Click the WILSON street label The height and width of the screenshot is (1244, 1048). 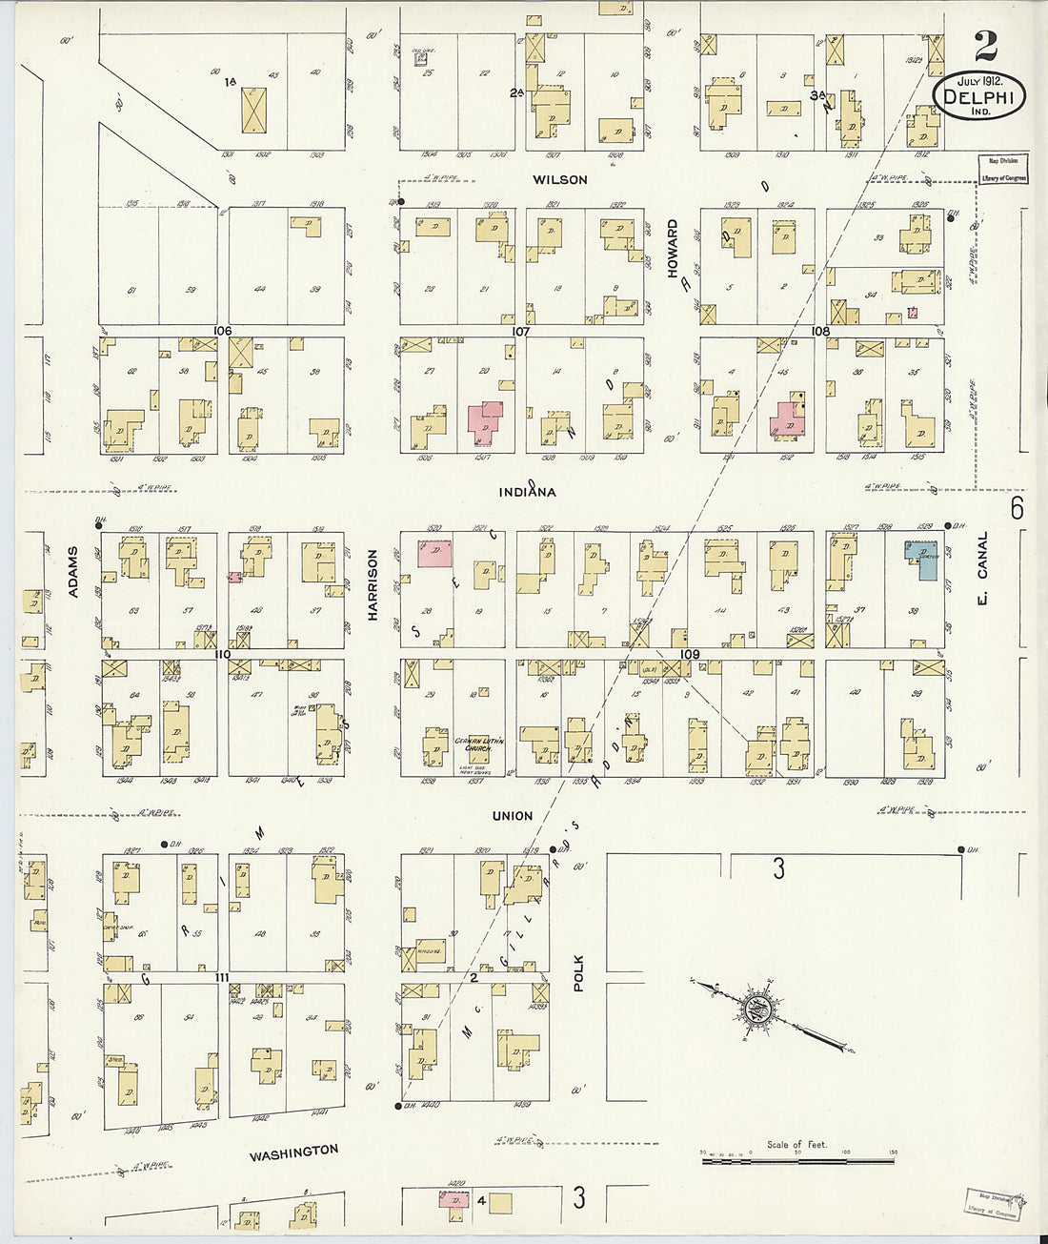(x=559, y=179)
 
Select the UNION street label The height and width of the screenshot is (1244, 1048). (x=513, y=816)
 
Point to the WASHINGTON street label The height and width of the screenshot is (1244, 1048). (x=293, y=1152)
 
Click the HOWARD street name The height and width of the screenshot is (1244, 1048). (x=672, y=249)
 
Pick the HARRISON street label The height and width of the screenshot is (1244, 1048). (x=373, y=584)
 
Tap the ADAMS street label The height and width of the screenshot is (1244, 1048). (x=73, y=571)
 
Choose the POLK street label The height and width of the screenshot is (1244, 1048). (x=578, y=974)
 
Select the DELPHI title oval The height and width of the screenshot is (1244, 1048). (x=979, y=98)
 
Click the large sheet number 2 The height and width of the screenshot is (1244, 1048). (x=986, y=46)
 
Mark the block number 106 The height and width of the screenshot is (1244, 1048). (x=223, y=331)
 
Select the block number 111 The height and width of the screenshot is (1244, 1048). (x=223, y=978)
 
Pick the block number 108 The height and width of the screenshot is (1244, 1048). (x=819, y=332)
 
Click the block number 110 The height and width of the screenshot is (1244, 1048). (x=223, y=654)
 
